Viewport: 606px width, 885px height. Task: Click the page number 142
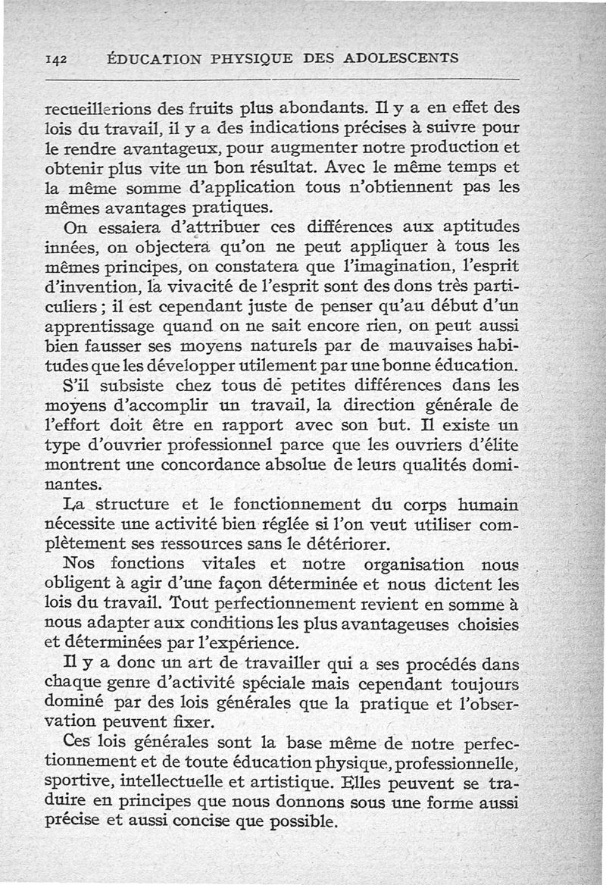pyautogui.click(x=58, y=58)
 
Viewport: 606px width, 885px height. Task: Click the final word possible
pyautogui.click(x=292, y=822)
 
